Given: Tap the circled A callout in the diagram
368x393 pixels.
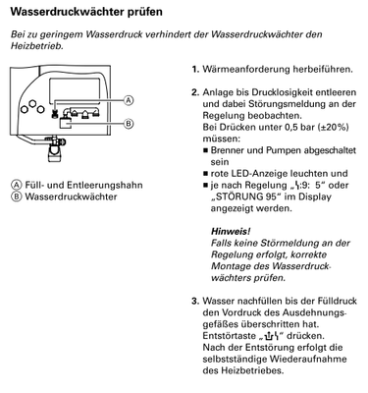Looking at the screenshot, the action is pos(129,101).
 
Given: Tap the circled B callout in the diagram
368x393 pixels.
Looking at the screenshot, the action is pos(129,123).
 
